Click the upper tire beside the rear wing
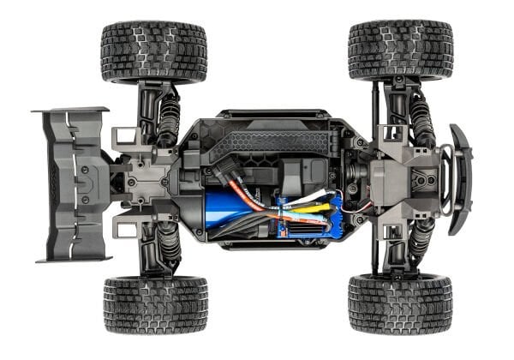coord(153,51)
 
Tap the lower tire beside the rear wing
coord(155,304)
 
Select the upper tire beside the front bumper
coord(400,51)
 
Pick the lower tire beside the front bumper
coord(400,304)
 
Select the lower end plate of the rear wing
coord(73,255)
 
